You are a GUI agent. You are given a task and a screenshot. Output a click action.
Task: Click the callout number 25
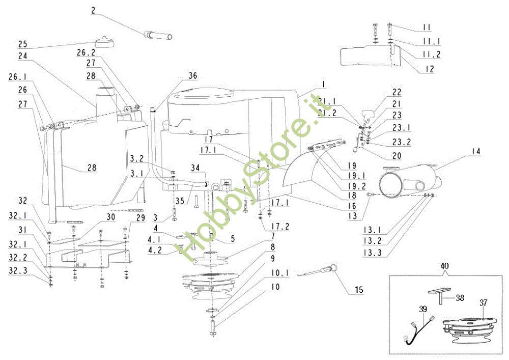[23, 44]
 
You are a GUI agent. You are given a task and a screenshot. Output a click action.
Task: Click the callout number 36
[192, 76]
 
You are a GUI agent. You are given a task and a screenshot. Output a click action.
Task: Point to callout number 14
[476, 151]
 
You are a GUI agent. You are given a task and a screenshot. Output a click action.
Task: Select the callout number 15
[359, 290]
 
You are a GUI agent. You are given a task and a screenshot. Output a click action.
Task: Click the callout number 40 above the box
[445, 266]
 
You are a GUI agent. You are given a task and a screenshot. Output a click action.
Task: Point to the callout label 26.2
[86, 52]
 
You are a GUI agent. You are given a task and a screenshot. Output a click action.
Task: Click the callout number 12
[430, 69]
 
